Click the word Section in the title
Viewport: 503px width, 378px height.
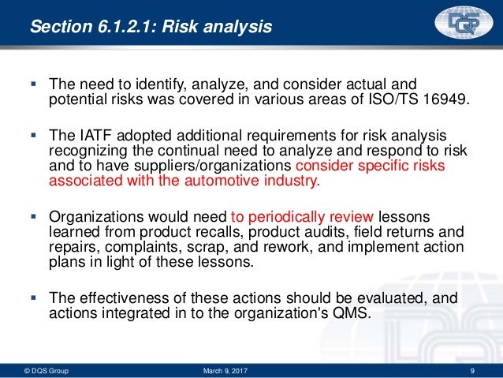[57, 28]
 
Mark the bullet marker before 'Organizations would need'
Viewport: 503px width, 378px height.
[32, 217]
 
